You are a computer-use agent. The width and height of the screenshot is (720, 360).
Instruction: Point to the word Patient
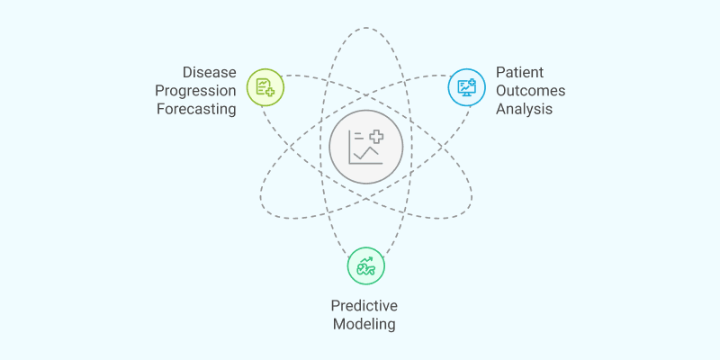pyautogui.click(x=520, y=70)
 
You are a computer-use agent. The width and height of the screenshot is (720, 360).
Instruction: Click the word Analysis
pyautogui.click(x=524, y=110)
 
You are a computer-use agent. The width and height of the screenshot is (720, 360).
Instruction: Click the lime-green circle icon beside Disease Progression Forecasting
pyautogui.click(x=265, y=86)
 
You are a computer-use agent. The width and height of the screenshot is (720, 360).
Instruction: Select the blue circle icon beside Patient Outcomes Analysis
pyautogui.click(x=466, y=86)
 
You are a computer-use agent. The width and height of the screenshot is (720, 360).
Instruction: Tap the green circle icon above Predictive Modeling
pyautogui.click(x=365, y=265)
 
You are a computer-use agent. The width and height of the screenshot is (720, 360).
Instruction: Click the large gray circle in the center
pyautogui.click(x=365, y=147)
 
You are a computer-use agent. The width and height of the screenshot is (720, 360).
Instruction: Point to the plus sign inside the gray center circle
pyautogui.click(x=374, y=137)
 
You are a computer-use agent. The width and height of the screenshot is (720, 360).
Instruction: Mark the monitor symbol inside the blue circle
pyautogui.click(x=466, y=87)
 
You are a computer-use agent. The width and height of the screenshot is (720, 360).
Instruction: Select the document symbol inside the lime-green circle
pyautogui.click(x=263, y=85)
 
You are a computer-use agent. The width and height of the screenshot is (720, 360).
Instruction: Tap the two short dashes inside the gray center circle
pyautogui.click(x=356, y=136)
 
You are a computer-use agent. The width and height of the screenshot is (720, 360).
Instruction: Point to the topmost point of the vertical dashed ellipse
pyautogui.click(x=365, y=28)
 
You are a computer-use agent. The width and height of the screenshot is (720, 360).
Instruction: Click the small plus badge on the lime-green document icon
pyautogui.click(x=269, y=92)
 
